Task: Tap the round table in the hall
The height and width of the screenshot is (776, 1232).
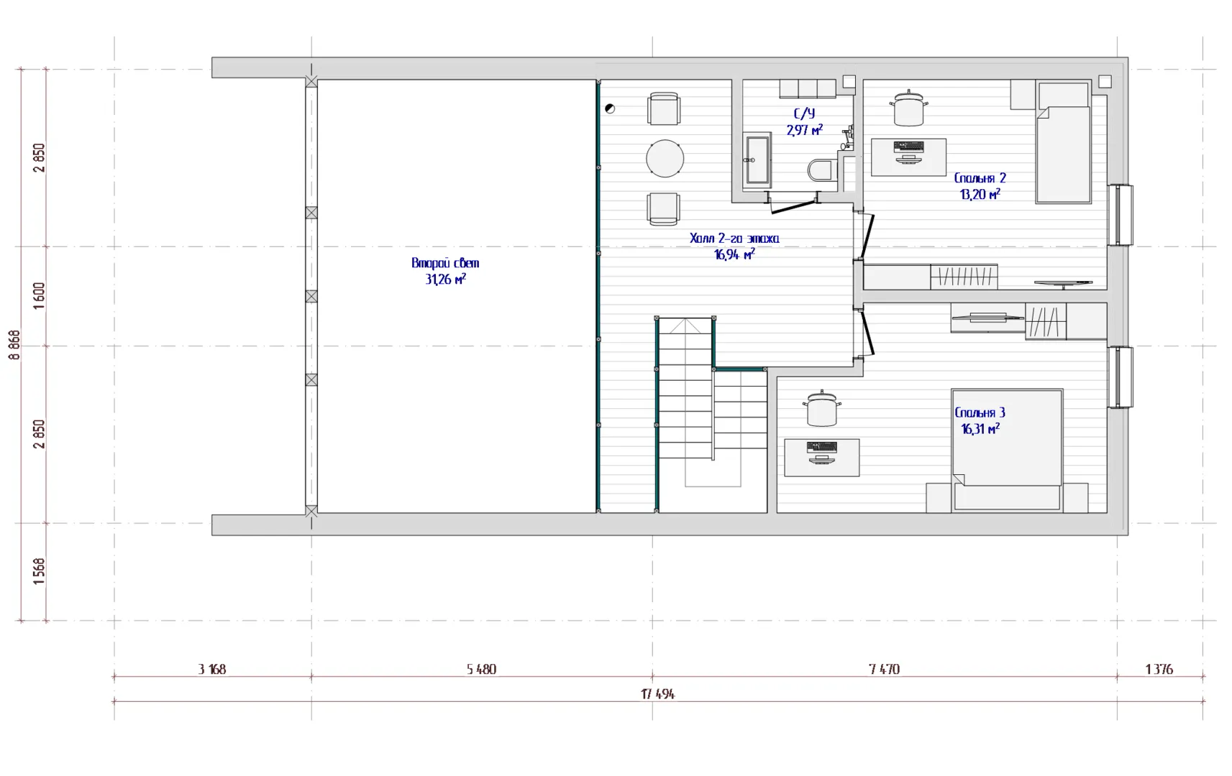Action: (x=665, y=158)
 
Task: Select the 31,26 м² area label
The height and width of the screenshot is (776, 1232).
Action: (x=445, y=280)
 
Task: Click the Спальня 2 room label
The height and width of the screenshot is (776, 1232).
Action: (x=980, y=178)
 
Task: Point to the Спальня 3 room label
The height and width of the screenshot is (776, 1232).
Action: (x=980, y=412)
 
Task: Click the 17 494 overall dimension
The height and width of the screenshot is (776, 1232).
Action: (x=658, y=694)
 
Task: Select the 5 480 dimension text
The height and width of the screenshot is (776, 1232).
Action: (x=481, y=670)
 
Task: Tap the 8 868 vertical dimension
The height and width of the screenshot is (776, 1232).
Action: (x=15, y=345)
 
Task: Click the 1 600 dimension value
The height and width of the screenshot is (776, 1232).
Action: (x=39, y=296)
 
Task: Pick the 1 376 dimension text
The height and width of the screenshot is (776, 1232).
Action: (x=1159, y=670)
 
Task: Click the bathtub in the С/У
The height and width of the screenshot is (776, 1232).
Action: (x=757, y=160)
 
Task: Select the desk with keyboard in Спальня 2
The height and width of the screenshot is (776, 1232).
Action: (x=908, y=157)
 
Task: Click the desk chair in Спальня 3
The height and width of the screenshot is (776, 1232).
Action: (x=822, y=409)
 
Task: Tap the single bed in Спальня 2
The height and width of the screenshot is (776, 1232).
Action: (x=1063, y=143)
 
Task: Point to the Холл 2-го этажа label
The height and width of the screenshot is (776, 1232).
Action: (x=734, y=239)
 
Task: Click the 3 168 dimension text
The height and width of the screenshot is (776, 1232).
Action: (x=211, y=670)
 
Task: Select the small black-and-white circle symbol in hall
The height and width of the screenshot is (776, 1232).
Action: (x=610, y=108)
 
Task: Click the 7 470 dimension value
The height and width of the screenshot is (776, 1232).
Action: (x=885, y=670)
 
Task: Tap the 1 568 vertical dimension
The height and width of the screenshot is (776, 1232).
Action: (x=39, y=571)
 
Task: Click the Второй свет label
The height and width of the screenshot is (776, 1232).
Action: (x=445, y=263)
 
